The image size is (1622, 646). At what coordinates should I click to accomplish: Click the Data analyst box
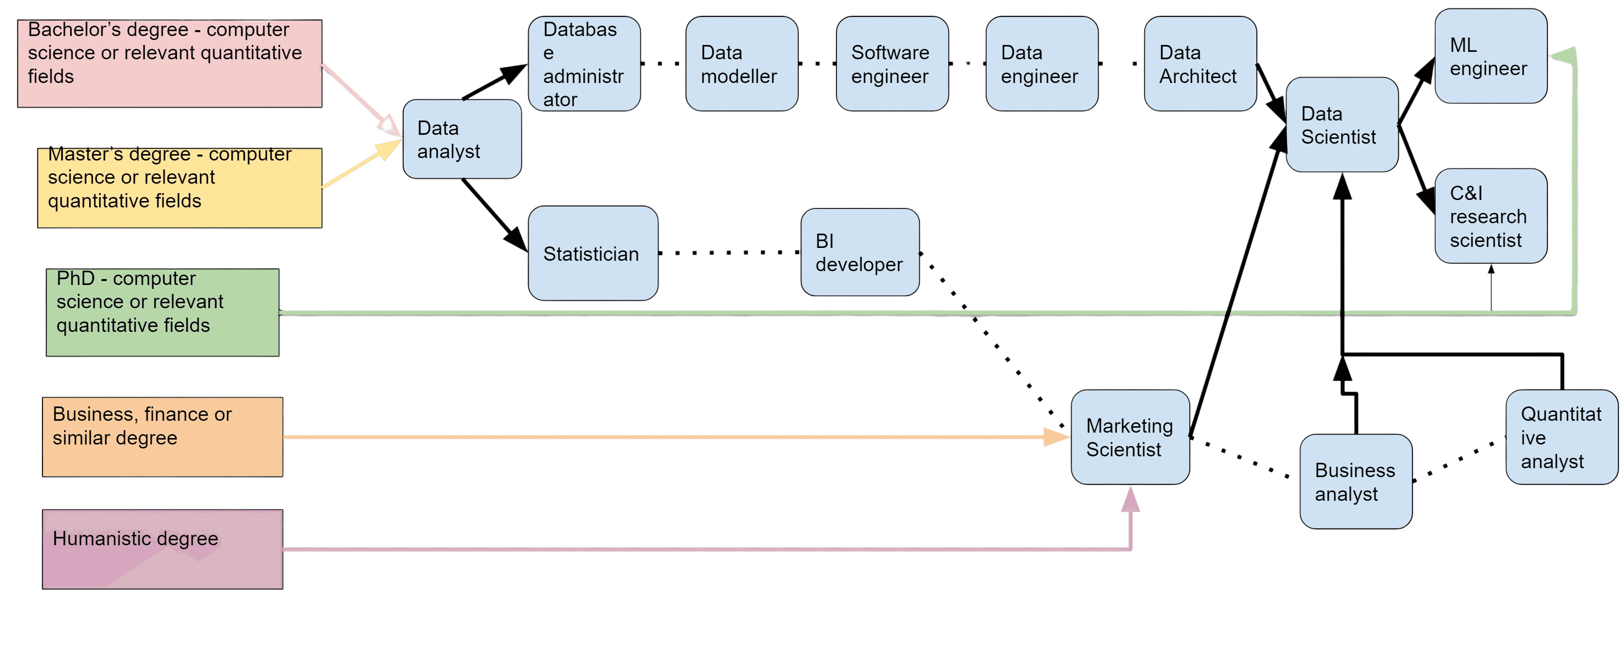click(x=461, y=139)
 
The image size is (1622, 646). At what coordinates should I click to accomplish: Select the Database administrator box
click(x=583, y=64)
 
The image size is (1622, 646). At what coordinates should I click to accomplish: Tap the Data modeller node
click(x=741, y=64)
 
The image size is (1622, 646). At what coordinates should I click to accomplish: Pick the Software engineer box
click(x=892, y=64)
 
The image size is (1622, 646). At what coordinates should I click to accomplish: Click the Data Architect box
click(x=1200, y=64)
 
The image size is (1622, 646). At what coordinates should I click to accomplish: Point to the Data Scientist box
click(x=1341, y=124)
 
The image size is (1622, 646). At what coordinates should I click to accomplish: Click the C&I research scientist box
click(x=1491, y=216)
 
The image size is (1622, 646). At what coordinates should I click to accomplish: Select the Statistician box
click(x=592, y=253)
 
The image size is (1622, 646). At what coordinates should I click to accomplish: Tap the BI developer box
click(x=860, y=252)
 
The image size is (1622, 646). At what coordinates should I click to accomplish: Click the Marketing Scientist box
click(x=1129, y=437)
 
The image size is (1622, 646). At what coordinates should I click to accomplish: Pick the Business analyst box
click(x=1355, y=482)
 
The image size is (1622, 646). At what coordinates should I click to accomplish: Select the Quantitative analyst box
click(x=1561, y=437)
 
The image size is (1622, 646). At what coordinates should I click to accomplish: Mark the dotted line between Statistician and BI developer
click(x=729, y=252)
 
